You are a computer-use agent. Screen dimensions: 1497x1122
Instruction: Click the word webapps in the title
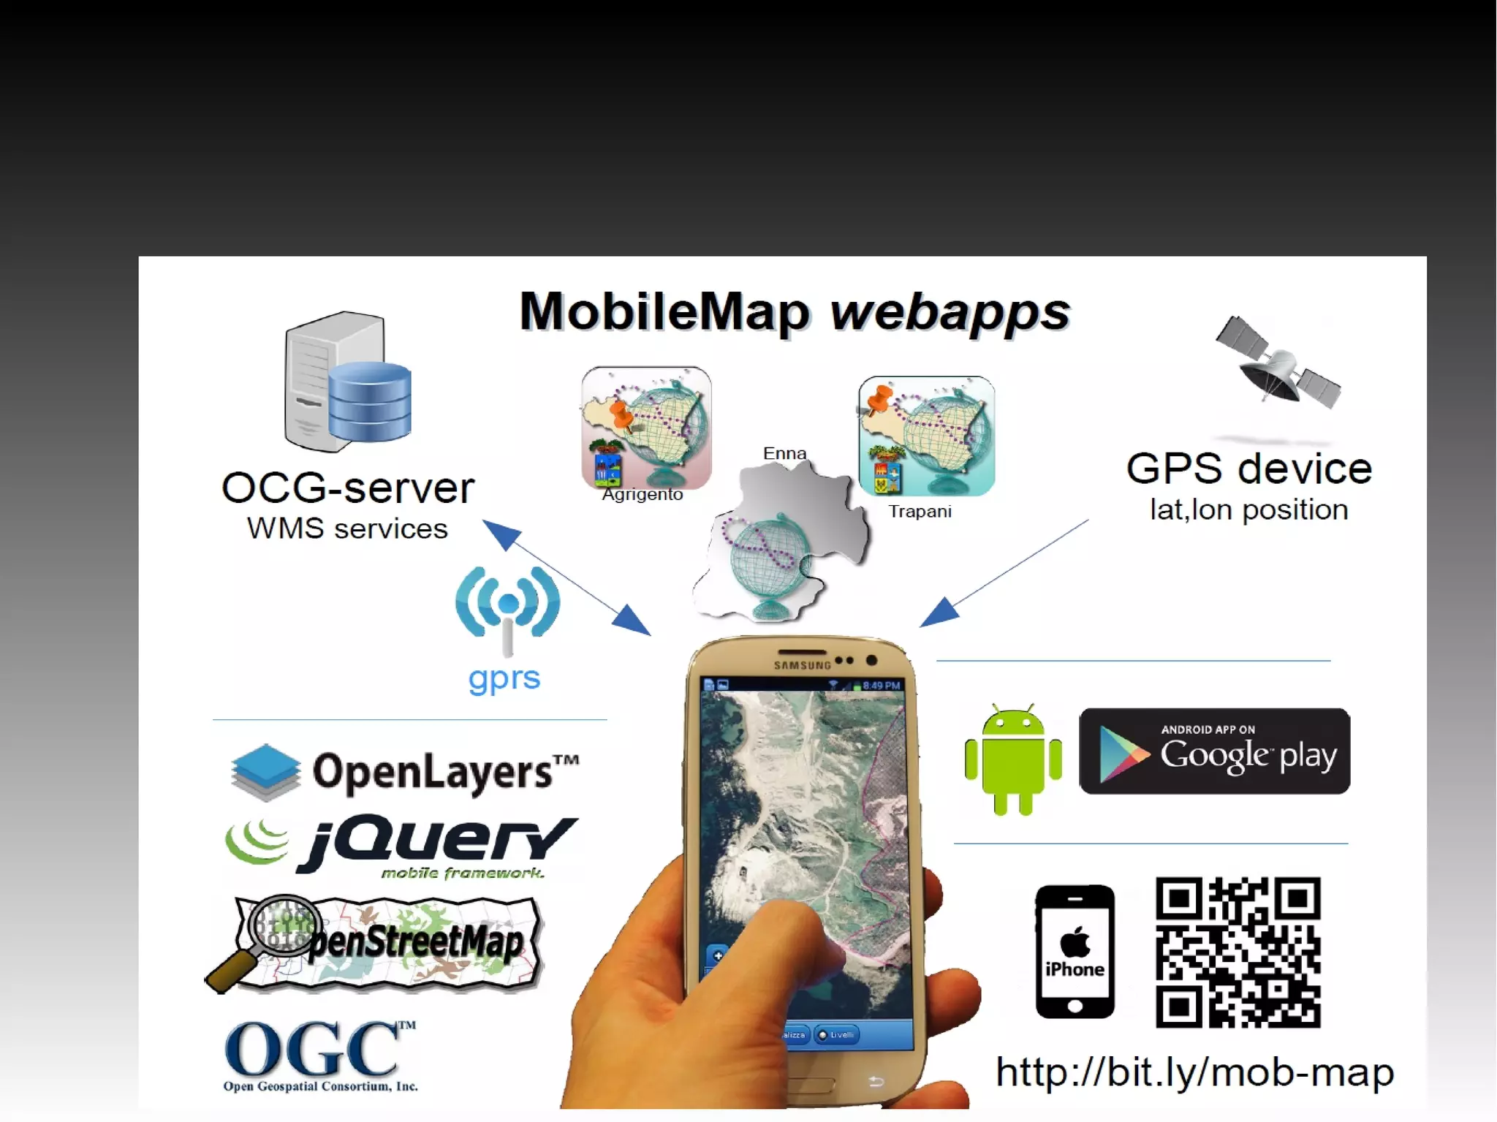click(950, 313)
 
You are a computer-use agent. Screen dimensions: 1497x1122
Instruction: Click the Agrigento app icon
click(646, 427)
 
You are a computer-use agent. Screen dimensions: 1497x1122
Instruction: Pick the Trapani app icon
click(927, 436)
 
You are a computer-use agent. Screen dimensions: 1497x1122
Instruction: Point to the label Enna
click(784, 453)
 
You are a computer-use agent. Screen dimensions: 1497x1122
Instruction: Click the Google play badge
click(1214, 751)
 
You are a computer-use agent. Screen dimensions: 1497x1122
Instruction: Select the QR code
click(1238, 952)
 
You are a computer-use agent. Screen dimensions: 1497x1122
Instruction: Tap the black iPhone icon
click(1075, 952)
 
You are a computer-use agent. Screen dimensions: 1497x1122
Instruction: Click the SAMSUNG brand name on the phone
click(802, 665)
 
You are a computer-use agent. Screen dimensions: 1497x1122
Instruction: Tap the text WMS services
click(347, 528)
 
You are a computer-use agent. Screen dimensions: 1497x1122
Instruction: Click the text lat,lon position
click(1248, 509)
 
